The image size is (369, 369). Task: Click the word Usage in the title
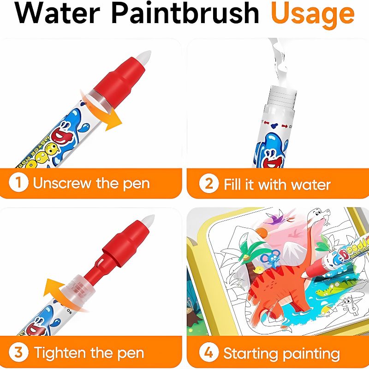pyautogui.click(x=312, y=15)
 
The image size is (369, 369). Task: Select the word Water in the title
pyautogui.click(x=59, y=14)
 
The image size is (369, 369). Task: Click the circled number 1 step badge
pyautogui.click(x=18, y=183)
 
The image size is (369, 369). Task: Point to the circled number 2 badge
pyautogui.click(x=209, y=184)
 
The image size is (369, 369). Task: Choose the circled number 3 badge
pyautogui.click(x=18, y=353)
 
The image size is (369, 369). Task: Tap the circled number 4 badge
pyautogui.click(x=209, y=353)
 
